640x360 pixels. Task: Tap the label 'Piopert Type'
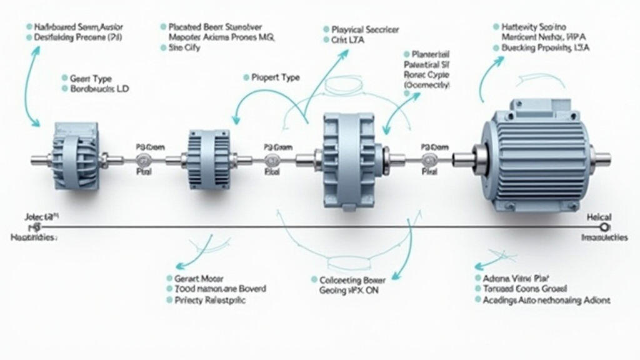(x=275, y=77)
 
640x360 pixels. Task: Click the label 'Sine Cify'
(x=184, y=47)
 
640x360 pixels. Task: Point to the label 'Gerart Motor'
(x=196, y=278)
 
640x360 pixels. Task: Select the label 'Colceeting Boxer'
(x=353, y=280)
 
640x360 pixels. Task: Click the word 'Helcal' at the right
(x=599, y=217)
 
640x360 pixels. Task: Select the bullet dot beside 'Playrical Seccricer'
(x=326, y=29)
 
